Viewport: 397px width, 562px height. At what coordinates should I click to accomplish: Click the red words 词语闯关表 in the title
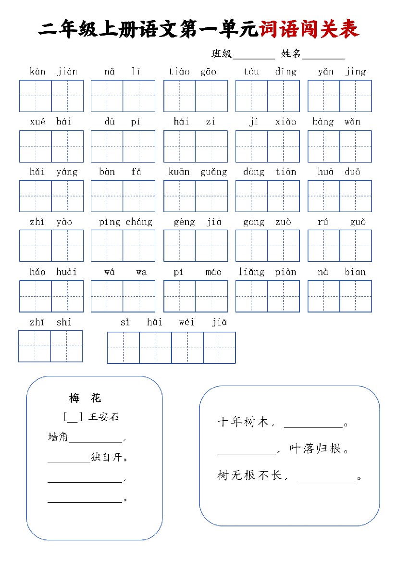coord(309,30)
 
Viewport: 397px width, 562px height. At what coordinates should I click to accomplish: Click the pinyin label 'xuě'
coord(37,122)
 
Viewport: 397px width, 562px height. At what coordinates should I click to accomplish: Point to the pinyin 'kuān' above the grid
coord(179,172)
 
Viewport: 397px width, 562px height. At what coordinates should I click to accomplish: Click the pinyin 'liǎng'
coord(251,272)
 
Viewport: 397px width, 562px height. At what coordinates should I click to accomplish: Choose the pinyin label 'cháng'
coord(139,222)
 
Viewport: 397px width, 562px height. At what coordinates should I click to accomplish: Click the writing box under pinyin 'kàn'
coord(36,96)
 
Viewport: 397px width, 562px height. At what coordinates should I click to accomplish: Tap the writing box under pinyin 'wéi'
coord(187,348)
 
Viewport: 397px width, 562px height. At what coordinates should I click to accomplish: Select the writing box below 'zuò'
coord(284,246)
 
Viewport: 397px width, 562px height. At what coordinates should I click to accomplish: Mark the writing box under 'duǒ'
coord(356,196)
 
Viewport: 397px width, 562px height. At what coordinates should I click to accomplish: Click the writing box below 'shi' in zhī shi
coord(66,346)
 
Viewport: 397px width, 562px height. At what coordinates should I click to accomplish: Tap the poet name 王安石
coord(103,417)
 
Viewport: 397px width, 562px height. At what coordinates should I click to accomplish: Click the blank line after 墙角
coord(96,438)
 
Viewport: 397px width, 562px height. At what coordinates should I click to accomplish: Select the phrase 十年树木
coord(243,423)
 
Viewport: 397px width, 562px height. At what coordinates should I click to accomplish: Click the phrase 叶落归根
coord(318,449)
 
